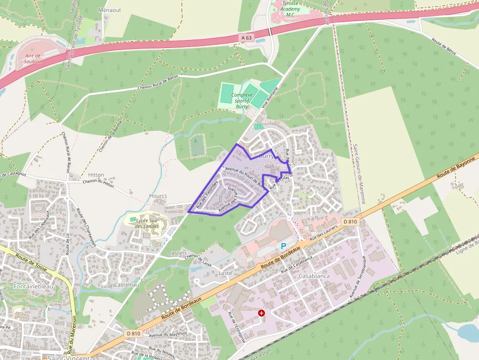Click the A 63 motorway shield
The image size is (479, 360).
(x=246, y=38)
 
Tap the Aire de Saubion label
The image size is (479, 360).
(x=33, y=59)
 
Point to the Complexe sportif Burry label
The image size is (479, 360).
(x=242, y=101)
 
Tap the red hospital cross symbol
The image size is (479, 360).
(x=261, y=312)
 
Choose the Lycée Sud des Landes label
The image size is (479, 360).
(x=145, y=223)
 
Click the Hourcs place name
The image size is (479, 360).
(x=158, y=196)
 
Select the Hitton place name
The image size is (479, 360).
(x=96, y=175)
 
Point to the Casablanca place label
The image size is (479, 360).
(x=314, y=276)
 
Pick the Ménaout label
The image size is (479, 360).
(x=109, y=10)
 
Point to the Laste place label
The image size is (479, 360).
(x=225, y=273)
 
